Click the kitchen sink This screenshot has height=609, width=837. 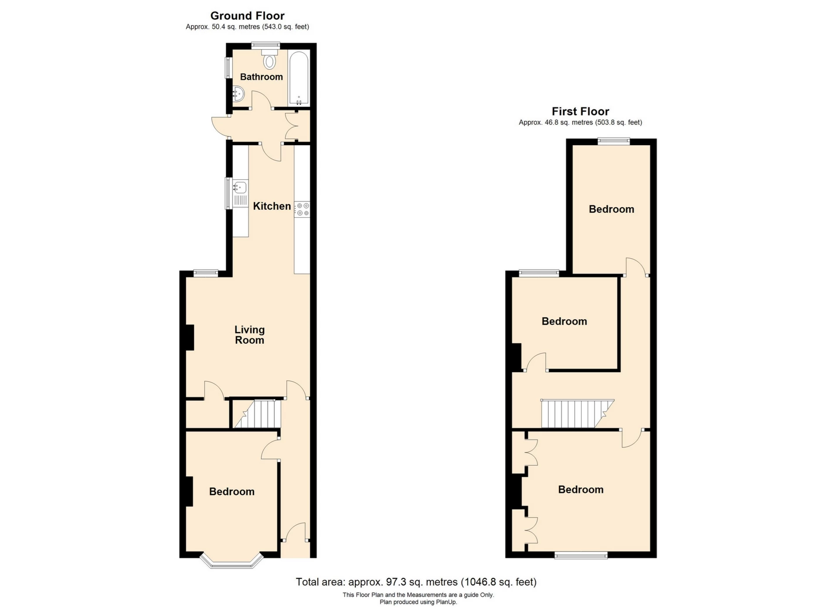(x=240, y=188)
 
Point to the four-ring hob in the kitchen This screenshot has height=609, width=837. (x=303, y=209)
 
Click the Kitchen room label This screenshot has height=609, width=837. (x=272, y=206)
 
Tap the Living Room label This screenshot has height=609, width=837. (x=249, y=335)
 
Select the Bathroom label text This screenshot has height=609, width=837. (x=261, y=77)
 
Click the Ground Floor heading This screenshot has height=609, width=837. (x=247, y=16)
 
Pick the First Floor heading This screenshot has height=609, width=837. (x=580, y=112)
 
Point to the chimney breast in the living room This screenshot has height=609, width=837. (x=190, y=337)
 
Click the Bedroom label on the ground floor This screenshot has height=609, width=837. (x=231, y=492)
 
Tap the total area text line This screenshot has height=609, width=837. (x=416, y=582)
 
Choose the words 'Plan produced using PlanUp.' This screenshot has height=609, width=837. (x=418, y=602)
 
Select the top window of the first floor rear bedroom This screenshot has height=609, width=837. (x=613, y=141)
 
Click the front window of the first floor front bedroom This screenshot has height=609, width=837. (x=581, y=555)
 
